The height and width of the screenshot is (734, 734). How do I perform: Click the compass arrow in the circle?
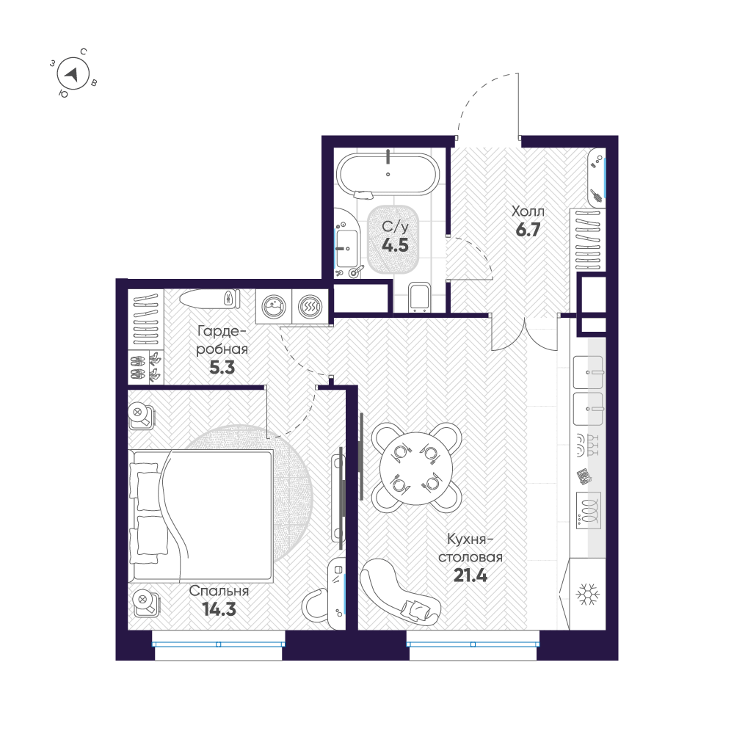pos(72,74)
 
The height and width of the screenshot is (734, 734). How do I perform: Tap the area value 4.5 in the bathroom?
pos(395,245)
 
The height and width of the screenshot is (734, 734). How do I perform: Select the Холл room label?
pos(528,211)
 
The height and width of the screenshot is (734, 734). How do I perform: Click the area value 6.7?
pos(528,229)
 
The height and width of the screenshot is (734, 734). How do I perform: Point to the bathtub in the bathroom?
pos(388,175)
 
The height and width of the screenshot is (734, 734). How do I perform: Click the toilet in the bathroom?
pos(419,297)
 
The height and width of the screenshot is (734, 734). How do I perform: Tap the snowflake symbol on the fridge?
pos(587,594)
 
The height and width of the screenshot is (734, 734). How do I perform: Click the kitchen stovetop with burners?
pos(589,510)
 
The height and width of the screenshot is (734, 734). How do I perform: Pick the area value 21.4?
pos(470,575)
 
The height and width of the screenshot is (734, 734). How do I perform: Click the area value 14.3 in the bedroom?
pos(219,609)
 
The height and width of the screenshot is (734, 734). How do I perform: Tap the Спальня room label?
pos(219,591)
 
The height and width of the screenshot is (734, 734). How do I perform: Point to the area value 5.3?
pos(222,368)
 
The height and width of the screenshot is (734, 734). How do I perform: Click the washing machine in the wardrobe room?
pos(274,307)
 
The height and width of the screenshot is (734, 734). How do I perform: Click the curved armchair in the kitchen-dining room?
pos(399,592)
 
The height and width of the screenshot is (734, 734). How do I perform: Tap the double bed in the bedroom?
pos(200,516)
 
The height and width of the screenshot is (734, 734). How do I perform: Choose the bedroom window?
pos(218,644)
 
